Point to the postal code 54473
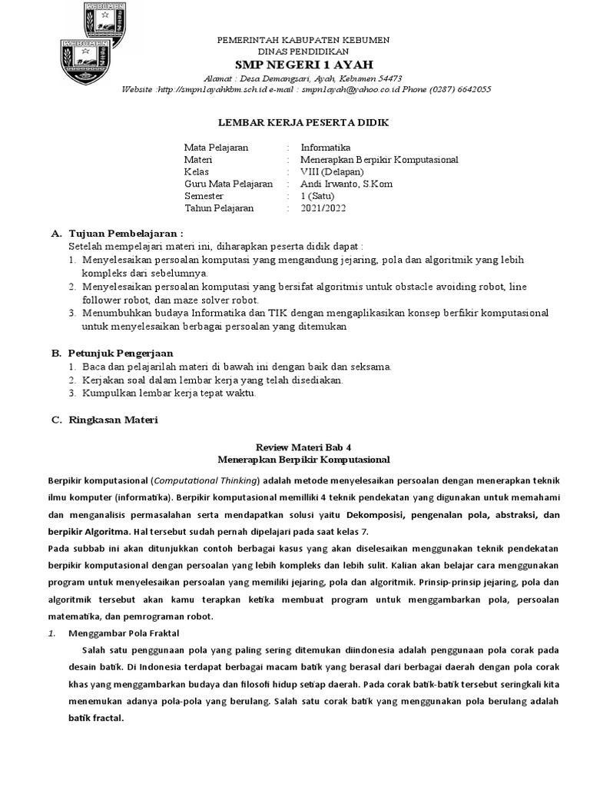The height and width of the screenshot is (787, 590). click(x=386, y=78)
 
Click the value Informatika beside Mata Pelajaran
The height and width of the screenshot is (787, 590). click(x=326, y=148)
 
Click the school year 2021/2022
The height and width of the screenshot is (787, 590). click(x=324, y=208)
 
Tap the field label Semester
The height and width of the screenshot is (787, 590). click(x=205, y=196)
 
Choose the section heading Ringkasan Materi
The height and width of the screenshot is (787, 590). click(x=113, y=420)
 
